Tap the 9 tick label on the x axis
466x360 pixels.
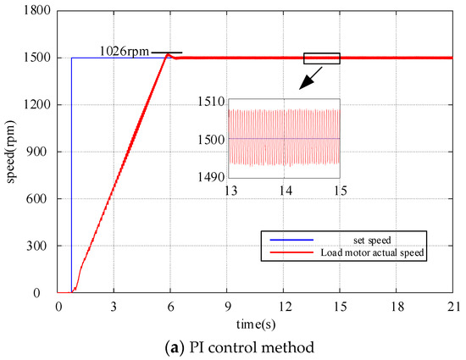tap(227, 305)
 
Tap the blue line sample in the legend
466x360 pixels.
tap(288, 236)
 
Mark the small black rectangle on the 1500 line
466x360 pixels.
tap(322, 58)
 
